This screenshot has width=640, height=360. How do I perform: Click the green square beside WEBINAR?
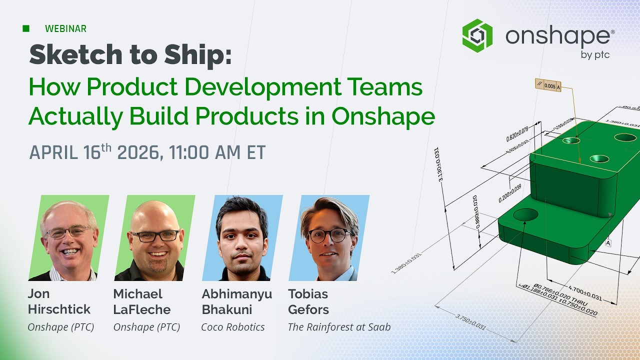pos(26,28)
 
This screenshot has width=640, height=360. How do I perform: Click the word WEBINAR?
pos(65,29)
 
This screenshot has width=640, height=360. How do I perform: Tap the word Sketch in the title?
pos(66,55)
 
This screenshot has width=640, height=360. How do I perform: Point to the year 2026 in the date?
pos(138,152)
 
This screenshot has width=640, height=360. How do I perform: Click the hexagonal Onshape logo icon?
pos(477,35)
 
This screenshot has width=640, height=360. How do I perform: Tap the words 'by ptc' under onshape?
pos(595,55)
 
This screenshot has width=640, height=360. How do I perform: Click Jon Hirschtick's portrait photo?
pos(68,238)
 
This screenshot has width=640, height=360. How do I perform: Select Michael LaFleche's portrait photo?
pos(154,238)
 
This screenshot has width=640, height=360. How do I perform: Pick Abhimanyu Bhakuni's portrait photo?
pos(242,238)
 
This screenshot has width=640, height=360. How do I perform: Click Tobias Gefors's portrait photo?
pos(329,238)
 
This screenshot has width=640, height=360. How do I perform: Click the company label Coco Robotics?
pos(232,327)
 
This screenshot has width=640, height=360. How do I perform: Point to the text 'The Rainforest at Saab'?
pos(339,327)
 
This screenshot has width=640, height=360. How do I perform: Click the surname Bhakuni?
pos(226,309)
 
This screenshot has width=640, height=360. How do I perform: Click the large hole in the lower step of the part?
pos(525,214)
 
